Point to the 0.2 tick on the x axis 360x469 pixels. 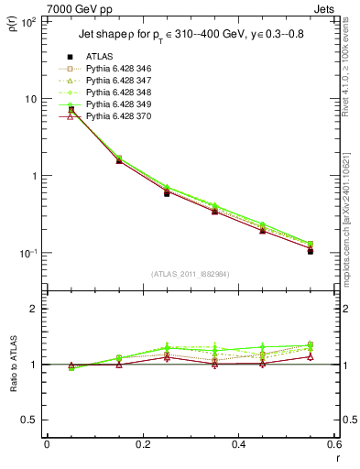click(142, 444)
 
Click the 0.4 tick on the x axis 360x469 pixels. click(238, 444)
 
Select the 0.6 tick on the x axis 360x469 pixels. click(333, 444)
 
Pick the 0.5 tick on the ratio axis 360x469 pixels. click(30, 420)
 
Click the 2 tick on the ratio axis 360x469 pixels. click(34, 309)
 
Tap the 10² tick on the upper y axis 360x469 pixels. click(28, 21)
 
